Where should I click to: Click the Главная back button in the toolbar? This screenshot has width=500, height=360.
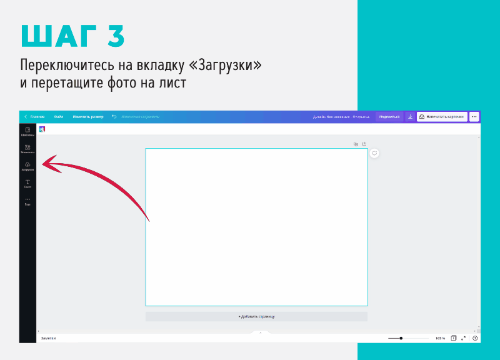point(35,117)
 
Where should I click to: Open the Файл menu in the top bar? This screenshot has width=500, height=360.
point(59,117)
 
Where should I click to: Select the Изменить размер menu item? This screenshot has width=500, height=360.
point(88,117)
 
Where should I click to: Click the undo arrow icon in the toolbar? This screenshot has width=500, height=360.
point(114,117)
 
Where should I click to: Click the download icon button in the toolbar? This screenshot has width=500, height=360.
point(410,117)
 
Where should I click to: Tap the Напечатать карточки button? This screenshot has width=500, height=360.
point(442,117)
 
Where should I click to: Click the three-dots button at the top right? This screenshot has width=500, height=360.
point(474,117)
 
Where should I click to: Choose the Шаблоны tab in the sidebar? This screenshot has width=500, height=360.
point(27,131)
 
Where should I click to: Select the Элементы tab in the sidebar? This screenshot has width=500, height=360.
point(27,149)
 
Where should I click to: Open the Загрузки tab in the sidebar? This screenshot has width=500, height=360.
point(27,166)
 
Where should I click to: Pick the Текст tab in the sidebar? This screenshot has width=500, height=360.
point(27,184)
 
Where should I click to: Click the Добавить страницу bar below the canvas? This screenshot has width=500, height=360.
point(256,317)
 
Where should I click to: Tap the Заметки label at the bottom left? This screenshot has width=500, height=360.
point(49,338)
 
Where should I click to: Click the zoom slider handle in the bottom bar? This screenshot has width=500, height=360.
point(401,338)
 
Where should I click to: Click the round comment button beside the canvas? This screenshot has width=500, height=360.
point(374,153)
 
